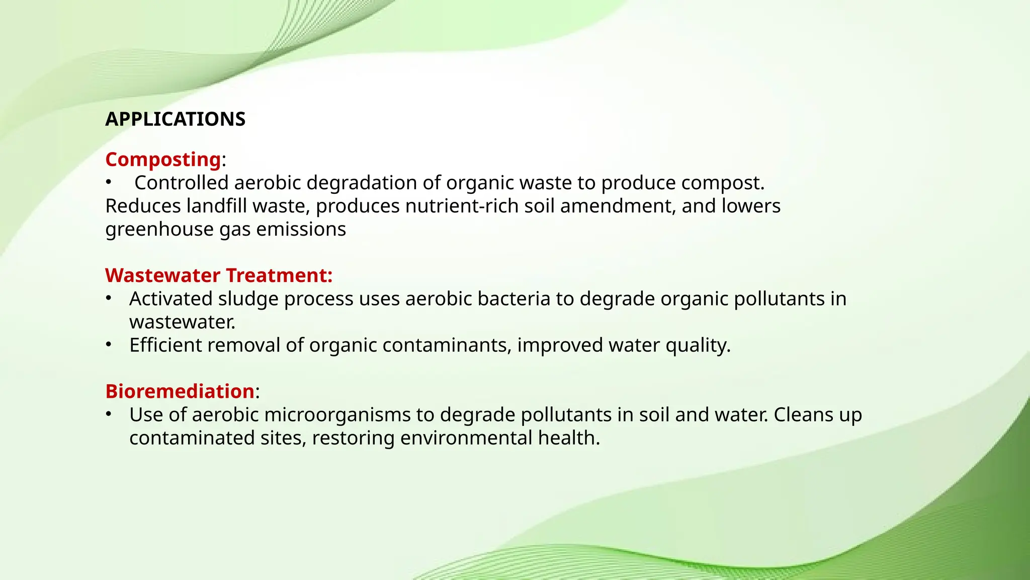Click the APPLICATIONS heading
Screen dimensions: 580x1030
175,119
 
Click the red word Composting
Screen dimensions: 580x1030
162,160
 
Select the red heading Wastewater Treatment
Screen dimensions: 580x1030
218,275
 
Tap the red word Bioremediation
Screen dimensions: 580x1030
180,391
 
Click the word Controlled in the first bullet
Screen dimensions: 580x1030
181,183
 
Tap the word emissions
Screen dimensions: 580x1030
301,229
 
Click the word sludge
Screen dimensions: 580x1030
248,299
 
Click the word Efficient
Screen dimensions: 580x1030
165,345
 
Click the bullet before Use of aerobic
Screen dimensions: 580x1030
108,414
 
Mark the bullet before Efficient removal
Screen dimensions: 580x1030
108,344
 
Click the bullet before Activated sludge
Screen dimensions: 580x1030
108,298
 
